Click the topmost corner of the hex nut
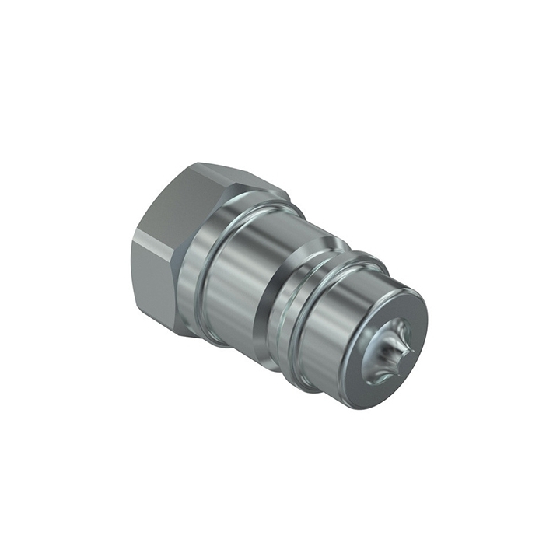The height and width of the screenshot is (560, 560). coord(198,163)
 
